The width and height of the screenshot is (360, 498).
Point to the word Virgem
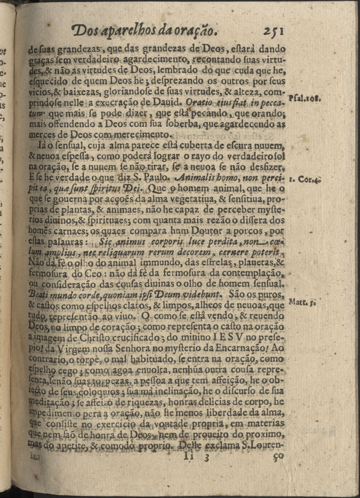coord(80,349)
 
